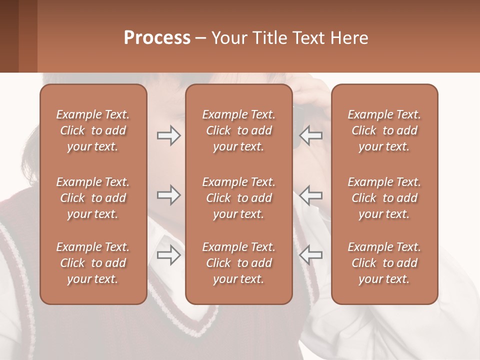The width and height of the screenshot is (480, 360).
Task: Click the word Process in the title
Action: click(157, 38)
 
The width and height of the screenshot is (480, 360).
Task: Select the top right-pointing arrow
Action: click(168, 135)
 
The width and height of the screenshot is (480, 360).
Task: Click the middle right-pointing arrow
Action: click(168, 195)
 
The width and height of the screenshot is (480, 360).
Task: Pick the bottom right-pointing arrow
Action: click(168, 255)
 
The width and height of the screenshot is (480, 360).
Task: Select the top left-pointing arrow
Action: click(311, 135)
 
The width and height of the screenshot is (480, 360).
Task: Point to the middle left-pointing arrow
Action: click(311, 195)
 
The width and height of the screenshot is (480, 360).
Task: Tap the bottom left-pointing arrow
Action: click(311, 255)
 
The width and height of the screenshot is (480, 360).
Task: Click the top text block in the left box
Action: click(93, 130)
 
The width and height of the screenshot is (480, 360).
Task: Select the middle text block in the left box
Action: click(93, 198)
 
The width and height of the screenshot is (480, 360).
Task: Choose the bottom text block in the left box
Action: click(93, 263)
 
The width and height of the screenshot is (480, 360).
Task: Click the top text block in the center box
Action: click(238, 130)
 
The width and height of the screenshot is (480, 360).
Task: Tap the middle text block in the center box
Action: click(238, 198)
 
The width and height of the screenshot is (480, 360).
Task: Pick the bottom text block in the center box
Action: click(238, 263)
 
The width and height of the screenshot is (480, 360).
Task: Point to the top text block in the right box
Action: click(384, 130)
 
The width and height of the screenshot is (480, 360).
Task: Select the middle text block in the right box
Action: click(384, 198)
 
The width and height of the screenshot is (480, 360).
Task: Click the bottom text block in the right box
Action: click(384, 263)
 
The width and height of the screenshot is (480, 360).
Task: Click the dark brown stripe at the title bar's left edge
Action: click(9, 36)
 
